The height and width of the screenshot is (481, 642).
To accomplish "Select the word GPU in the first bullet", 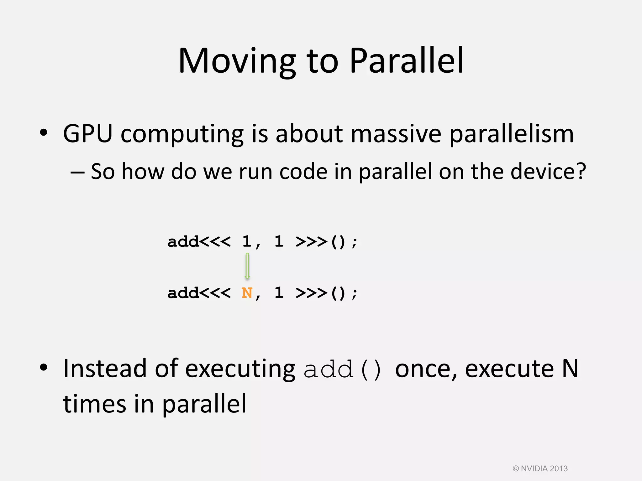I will [x=87, y=134].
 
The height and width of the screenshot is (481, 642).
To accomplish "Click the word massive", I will [x=396, y=134].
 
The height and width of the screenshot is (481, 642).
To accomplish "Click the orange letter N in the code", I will [x=247, y=293].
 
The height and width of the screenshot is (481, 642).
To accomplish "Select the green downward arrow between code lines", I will [x=247, y=266].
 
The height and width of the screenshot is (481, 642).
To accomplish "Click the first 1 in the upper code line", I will [x=247, y=242].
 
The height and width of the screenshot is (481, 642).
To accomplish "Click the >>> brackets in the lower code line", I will [x=311, y=293].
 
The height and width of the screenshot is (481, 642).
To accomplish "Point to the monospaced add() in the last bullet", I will [x=343, y=370].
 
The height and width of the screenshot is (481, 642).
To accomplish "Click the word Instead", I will [x=105, y=369].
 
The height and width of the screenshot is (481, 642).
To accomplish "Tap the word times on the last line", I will [x=94, y=404].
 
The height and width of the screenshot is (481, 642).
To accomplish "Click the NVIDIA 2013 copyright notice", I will [x=540, y=468].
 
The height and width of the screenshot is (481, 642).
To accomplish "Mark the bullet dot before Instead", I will [x=44, y=367].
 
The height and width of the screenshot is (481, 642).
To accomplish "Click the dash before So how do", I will [x=77, y=172].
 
